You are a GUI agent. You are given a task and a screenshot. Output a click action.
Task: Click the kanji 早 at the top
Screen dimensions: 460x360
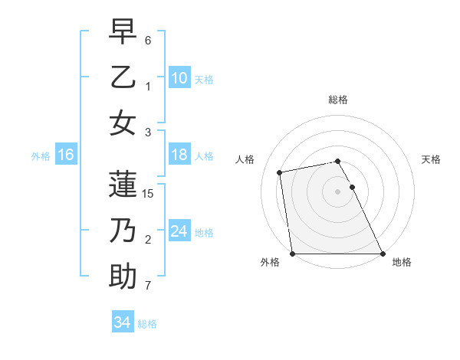click(123, 32)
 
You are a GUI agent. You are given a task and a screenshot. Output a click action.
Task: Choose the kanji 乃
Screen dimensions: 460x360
click(123, 231)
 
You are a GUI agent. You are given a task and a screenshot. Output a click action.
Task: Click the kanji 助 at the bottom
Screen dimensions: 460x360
click(123, 276)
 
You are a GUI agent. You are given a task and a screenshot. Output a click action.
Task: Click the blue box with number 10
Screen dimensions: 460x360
click(179, 77)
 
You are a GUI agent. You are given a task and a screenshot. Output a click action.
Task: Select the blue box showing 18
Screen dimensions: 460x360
click(179, 155)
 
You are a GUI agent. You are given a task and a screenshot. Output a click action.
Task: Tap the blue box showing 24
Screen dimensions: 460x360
click(179, 231)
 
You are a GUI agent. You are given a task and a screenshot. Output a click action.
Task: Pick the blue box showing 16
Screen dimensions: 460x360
click(66, 155)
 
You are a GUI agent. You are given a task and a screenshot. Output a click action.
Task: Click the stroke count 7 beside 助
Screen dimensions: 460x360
click(148, 286)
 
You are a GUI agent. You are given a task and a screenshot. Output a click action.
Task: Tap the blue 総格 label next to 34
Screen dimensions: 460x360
click(148, 324)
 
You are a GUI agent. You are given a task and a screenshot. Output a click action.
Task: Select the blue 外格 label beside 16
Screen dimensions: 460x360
click(41, 156)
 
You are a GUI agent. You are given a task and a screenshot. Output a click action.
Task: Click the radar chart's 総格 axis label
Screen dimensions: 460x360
click(337, 100)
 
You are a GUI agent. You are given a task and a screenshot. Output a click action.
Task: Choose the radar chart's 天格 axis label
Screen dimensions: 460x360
click(431, 159)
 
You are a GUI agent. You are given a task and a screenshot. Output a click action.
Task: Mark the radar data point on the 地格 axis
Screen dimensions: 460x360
click(383, 254)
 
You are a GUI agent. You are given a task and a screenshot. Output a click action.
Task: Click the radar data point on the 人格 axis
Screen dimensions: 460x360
click(281, 172)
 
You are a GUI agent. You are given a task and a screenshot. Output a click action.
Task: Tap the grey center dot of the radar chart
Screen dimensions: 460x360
click(337, 191)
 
